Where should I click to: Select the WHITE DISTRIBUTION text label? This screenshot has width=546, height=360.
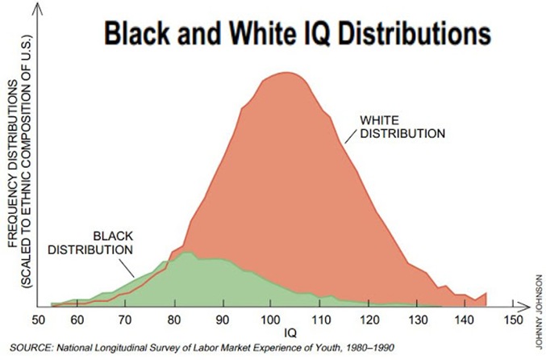coord(401,127)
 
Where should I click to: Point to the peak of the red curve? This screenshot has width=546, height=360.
coord(286,73)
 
